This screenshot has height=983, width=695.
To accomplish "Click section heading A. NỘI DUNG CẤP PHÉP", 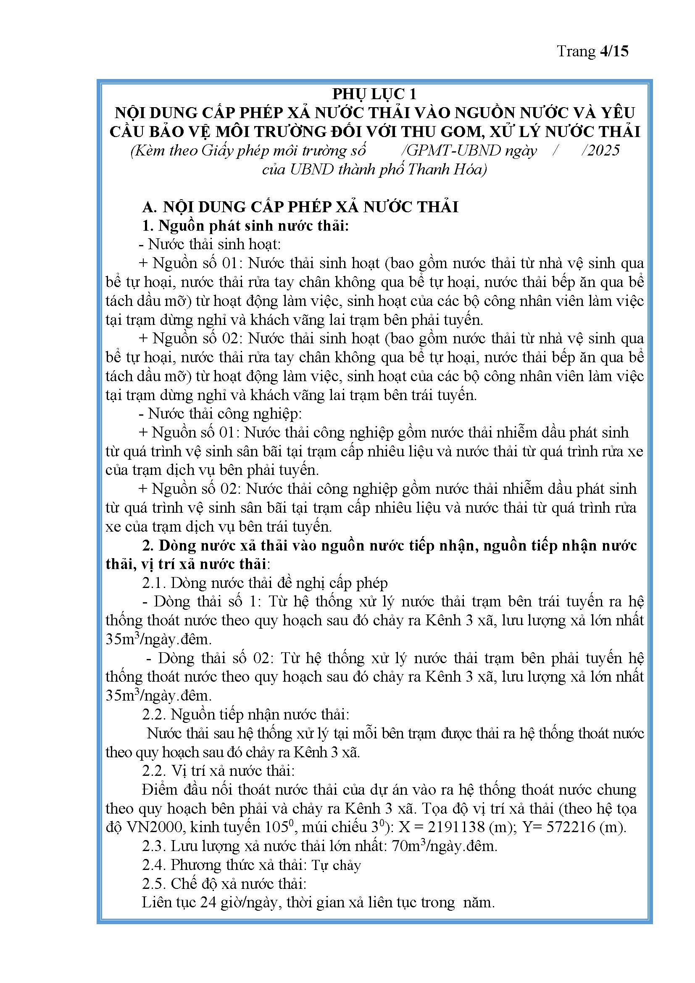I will (x=300, y=207).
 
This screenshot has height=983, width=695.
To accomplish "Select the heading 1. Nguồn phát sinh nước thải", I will (x=246, y=226).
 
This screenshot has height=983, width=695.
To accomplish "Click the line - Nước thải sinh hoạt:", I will (x=210, y=245).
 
